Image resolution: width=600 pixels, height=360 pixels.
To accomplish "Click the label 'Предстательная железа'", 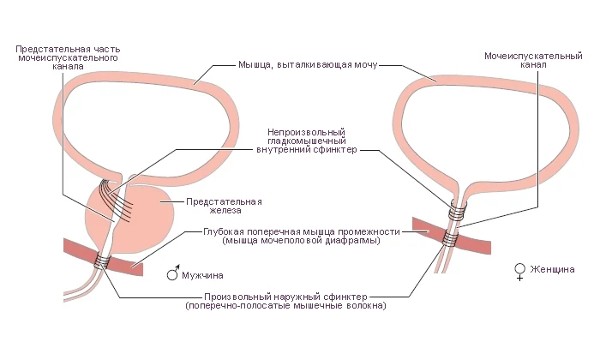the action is click(x=224, y=206).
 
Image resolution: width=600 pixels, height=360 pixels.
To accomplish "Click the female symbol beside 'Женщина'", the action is click(x=519, y=272).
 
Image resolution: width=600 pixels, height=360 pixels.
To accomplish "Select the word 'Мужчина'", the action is click(x=202, y=275).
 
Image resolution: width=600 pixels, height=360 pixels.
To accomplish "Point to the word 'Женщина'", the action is click(x=552, y=269).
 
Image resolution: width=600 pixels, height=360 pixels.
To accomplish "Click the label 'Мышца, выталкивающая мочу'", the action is click(x=308, y=64).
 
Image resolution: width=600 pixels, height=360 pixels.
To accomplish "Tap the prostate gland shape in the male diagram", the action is click(x=129, y=217).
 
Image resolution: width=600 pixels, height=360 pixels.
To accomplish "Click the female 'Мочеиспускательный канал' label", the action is click(x=533, y=60).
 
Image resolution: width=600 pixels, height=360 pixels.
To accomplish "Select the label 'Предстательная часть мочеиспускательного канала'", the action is click(x=68, y=57).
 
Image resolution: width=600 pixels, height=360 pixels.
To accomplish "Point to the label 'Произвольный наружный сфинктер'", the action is click(x=285, y=297).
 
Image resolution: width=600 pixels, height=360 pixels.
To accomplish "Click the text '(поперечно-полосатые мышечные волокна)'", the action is click(x=285, y=306).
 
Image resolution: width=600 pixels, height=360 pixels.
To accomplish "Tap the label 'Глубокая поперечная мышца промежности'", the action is click(x=302, y=231).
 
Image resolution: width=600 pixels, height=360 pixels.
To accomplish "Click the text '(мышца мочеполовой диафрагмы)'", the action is click(x=301, y=241).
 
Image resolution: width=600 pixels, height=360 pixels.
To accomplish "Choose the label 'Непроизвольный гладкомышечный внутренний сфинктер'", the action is click(x=307, y=141).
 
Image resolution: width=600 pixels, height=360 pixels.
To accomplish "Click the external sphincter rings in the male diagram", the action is click(x=102, y=261).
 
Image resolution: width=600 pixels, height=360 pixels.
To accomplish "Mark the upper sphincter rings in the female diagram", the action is click(x=458, y=210).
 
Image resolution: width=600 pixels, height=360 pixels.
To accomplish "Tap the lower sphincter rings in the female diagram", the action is click(x=450, y=238).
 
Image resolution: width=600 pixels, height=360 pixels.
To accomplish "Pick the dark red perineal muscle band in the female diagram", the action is click(x=452, y=236).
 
